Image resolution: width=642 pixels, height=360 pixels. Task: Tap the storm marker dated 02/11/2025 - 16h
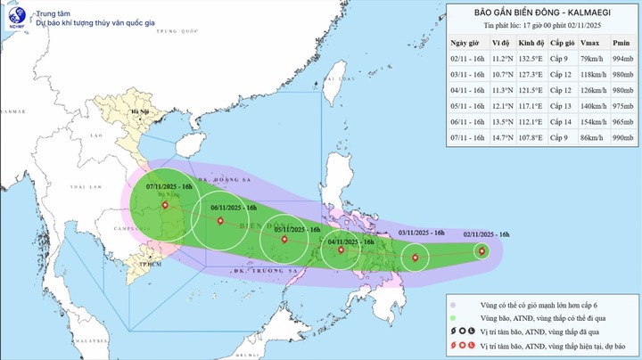pyautogui.click(x=482, y=251)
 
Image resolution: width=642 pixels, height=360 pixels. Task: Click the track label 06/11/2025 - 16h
pyautogui.click(x=235, y=208)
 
